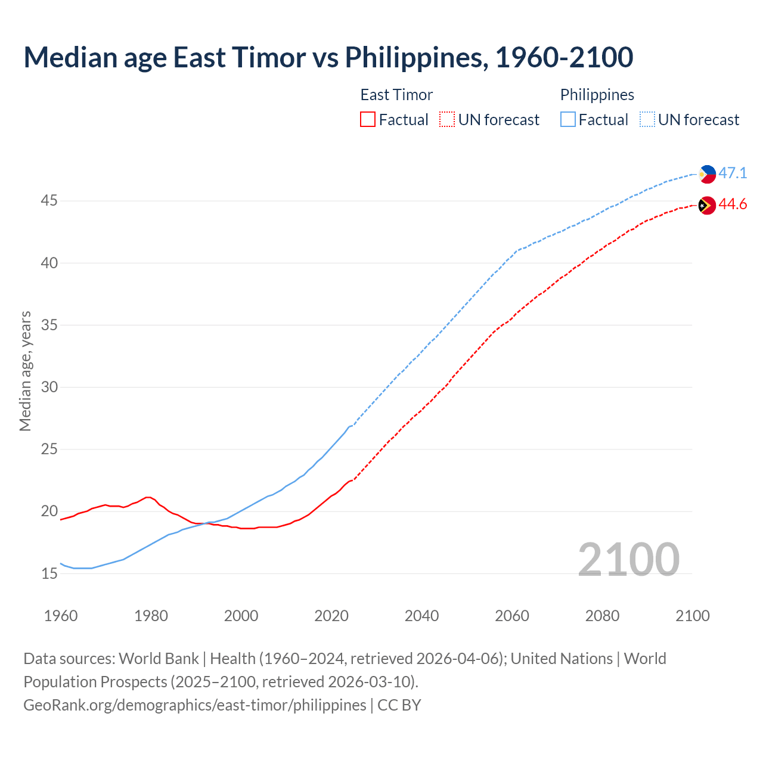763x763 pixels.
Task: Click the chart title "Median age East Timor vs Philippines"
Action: point(328,57)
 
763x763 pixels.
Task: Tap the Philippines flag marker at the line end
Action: point(707,174)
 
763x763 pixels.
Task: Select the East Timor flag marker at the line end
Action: point(707,205)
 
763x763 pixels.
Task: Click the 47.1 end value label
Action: point(733,173)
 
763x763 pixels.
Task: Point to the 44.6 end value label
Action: point(733,204)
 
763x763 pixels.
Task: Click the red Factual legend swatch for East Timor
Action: point(368,120)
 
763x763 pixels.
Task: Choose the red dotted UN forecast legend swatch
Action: point(447,120)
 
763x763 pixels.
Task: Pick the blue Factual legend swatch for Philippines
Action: point(568,120)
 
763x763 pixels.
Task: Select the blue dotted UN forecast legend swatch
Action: point(647,120)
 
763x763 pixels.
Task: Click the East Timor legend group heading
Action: point(396,95)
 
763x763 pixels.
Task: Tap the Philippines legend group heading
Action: point(597,95)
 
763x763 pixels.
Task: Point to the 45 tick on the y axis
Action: point(49,201)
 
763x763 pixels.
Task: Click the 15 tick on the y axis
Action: point(49,573)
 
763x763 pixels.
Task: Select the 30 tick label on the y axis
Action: point(49,387)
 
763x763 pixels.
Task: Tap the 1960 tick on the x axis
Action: point(61,616)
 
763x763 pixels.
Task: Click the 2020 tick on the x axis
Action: point(331,616)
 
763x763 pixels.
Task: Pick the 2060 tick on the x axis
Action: point(512,616)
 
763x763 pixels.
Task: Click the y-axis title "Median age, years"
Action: point(25,371)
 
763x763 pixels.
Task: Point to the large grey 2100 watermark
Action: point(628,559)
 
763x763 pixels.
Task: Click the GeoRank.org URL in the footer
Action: point(195,705)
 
